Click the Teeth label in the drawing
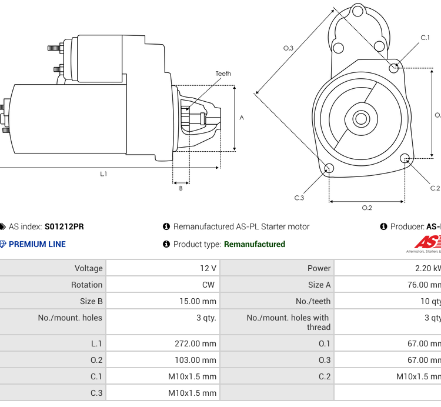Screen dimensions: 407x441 223,74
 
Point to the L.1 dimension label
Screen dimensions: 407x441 103,174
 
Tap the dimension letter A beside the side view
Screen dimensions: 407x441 242,118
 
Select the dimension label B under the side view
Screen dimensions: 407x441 181,188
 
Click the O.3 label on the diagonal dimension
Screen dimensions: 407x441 288,48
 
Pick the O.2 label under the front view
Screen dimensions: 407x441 366,208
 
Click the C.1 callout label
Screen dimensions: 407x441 425,38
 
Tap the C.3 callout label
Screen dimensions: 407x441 299,198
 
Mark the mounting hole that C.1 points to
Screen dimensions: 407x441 395,68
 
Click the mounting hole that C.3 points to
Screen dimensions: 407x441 329,169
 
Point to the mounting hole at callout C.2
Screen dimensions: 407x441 405,158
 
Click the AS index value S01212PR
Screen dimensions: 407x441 64,226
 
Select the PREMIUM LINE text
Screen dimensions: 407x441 37,244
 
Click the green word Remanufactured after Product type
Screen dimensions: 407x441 254,244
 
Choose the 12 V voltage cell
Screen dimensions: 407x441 208,268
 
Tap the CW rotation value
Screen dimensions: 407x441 208,285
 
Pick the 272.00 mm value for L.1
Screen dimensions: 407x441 195,343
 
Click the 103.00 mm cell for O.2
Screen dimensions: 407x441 195,360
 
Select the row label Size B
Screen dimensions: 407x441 91,301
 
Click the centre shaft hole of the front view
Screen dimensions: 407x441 360,119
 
